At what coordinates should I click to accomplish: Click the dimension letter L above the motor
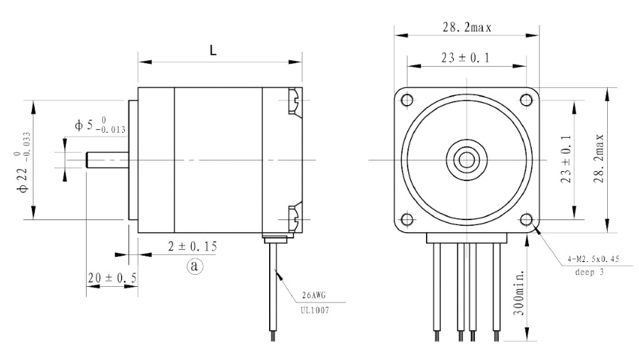pyautogui.click(x=213, y=50)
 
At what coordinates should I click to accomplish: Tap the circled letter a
pyautogui.click(x=195, y=266)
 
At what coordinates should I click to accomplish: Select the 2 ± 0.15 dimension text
pyautogui.click(x=192, y=246)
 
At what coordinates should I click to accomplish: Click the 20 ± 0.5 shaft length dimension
pyautogui.click(x=112, y=278)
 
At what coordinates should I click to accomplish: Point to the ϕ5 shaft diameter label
pyautogui.click(x=100, y=125)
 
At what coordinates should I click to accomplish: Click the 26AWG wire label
pyautogui.click(x=314, y=295)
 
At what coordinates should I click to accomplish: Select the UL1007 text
pyautogui.click(x=315, y=310)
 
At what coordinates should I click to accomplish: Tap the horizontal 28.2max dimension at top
pyautogui.click(x=467, y=27)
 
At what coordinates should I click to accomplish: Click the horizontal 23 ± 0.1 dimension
pyautogui.click(x=465, y=58)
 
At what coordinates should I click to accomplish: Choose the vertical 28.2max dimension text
pyautogui.click(x=599, y=158)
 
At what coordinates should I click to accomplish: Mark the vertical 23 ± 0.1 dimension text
pyautogui.click(x=566, y=159)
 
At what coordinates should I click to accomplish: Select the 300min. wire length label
pyautogui.click(x=518, y=292)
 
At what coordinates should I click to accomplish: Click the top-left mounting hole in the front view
pyautogui.click(x=407, y=99)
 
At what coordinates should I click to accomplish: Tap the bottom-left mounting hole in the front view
pyautogui.click(x=407, y=219)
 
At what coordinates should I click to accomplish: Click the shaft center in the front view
pyautogui.click(x=466, y=160)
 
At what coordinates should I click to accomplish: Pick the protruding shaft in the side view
pyautogui.click(x=107, y=160)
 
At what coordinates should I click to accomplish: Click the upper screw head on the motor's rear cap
pyautogui.click(x=295, y=101)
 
